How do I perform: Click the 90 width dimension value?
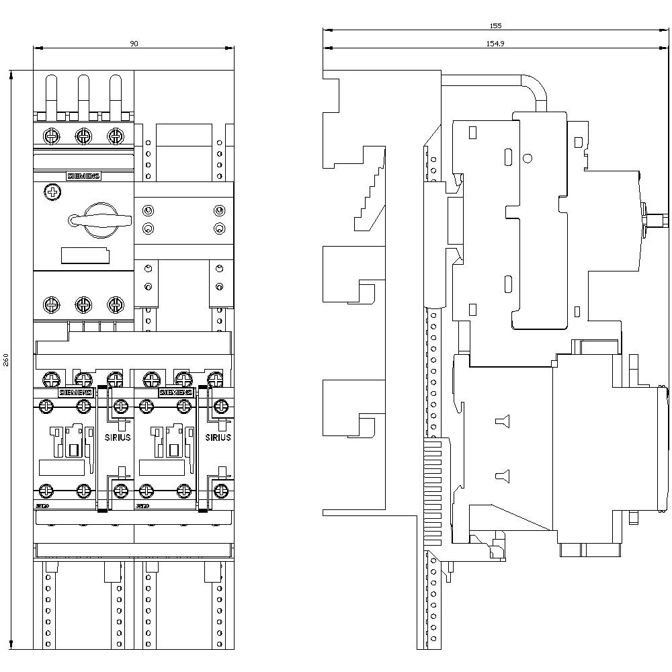134,44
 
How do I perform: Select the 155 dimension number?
495,26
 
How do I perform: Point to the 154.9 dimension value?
495,44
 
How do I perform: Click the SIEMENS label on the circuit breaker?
83,176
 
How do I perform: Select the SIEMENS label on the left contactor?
76,392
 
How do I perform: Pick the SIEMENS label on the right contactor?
175,392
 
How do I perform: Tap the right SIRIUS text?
218,437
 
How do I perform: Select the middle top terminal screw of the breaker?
83,136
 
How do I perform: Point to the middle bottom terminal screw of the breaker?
83,304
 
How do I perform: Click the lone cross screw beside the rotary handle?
52,193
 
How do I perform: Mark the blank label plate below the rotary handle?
85,255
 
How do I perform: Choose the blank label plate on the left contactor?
62,468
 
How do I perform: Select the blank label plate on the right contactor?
161,468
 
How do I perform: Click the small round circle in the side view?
528,159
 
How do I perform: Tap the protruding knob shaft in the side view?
655,220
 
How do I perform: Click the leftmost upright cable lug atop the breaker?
51,94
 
